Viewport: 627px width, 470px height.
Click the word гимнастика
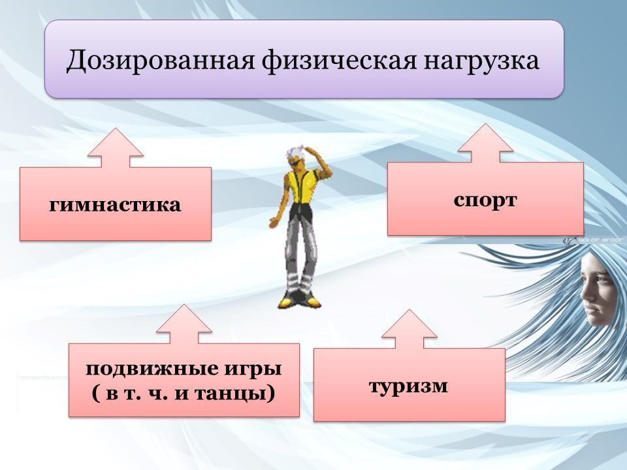coord(115,205)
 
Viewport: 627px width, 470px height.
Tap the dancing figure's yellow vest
coord(304,185)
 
